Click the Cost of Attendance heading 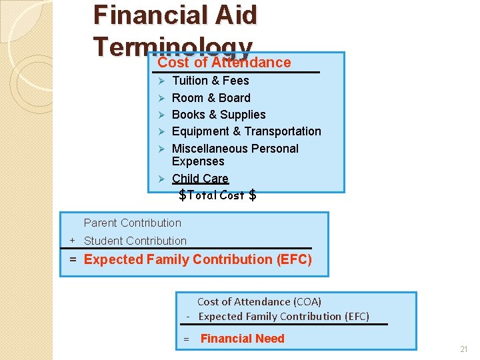[224, 63]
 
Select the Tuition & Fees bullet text [210, 81]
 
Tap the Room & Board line [211, 98]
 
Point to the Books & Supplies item [219, 115]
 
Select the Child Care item [200, 179]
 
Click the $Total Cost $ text [217, 195]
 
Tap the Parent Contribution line [132, 223]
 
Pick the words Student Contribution [135, 241]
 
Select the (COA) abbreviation [305, 302]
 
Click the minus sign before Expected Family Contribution [189, 317]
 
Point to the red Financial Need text [242, 339]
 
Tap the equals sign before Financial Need [186, 339]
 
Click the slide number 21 [464, 349]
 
